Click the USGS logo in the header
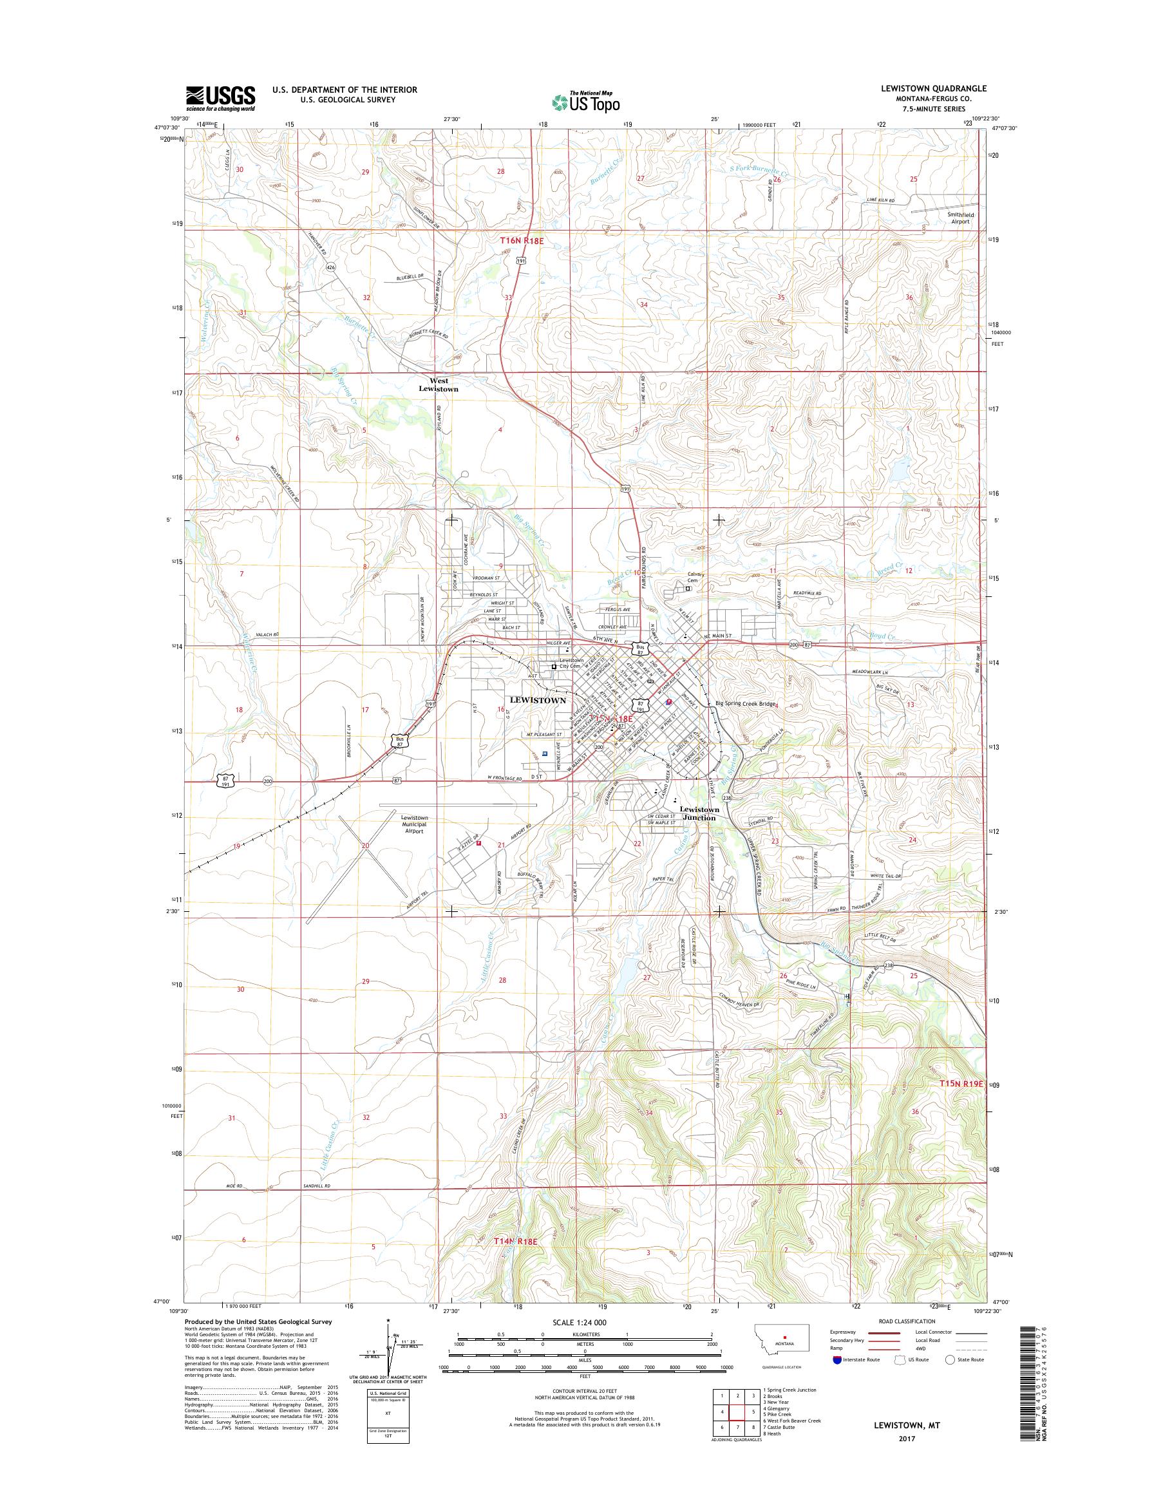[x=220, y=98]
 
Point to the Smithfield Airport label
[x=960, y=218]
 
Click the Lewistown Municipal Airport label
[x=415, y=824]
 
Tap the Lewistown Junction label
[x=699, y=813]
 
